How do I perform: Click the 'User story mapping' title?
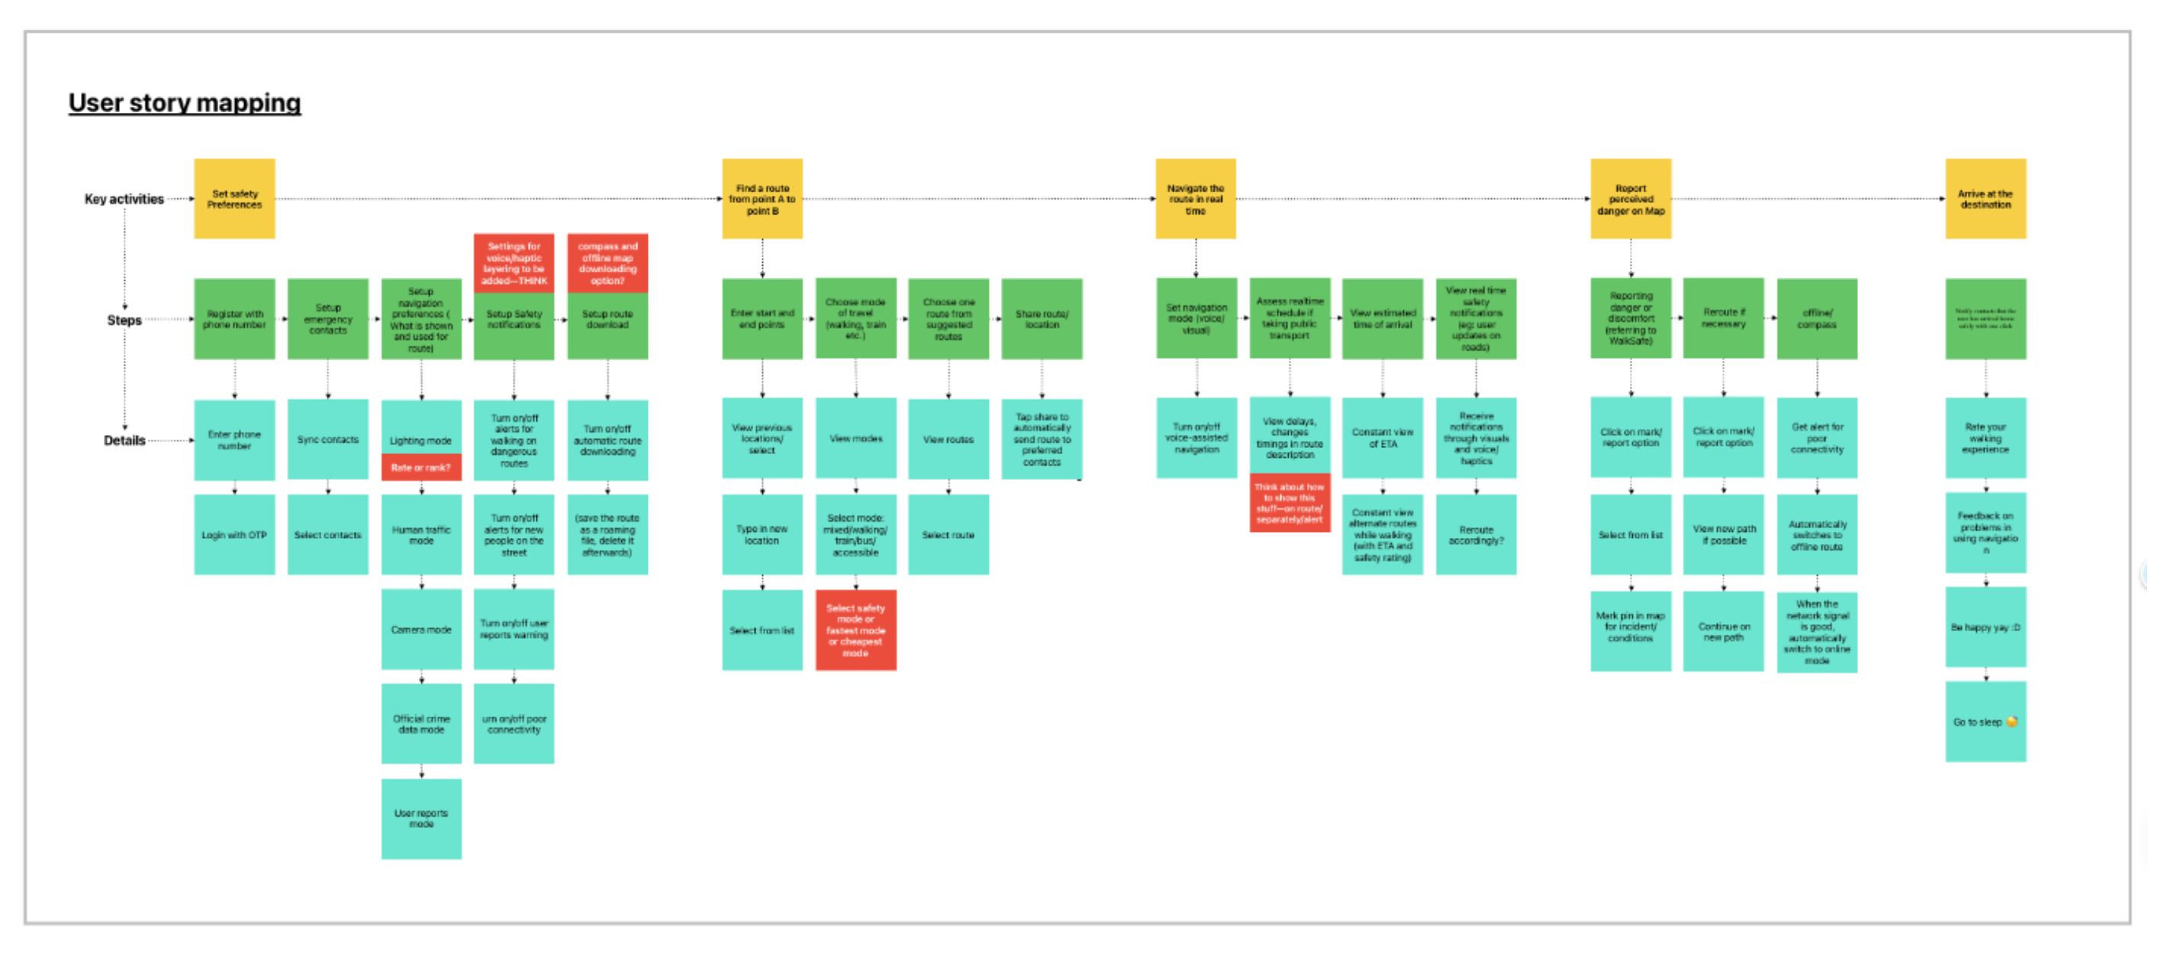[x=184, y=102]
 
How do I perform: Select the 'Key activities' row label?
[x=124, y=199]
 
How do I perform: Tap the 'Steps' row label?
[x=124, y=320]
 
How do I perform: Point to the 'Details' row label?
[x=124, y=440]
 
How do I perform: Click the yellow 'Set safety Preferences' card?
[x=234, y=199]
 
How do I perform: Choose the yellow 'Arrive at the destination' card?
[x=1985, y=199]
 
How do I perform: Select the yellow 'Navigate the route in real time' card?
[x=1196, y=199]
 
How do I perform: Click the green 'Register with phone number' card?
[x=234, y=319]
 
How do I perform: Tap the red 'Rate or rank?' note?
[x=421, y=468]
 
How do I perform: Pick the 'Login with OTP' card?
[x=234, y=535]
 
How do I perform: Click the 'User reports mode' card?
[x=421, y=819]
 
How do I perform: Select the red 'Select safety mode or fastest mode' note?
[x=855, y=630]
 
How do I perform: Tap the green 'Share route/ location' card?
[x=1042, y=319]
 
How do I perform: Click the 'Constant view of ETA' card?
[x=1382, y=437]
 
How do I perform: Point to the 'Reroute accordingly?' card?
[x=1476, y=535]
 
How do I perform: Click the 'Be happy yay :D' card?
[x=1985, y=627]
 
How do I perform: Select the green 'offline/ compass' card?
[x=1816, y=319]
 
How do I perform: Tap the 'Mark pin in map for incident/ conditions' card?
[x=1630, y=627]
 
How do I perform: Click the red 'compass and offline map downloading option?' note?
[x=607, y=263]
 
